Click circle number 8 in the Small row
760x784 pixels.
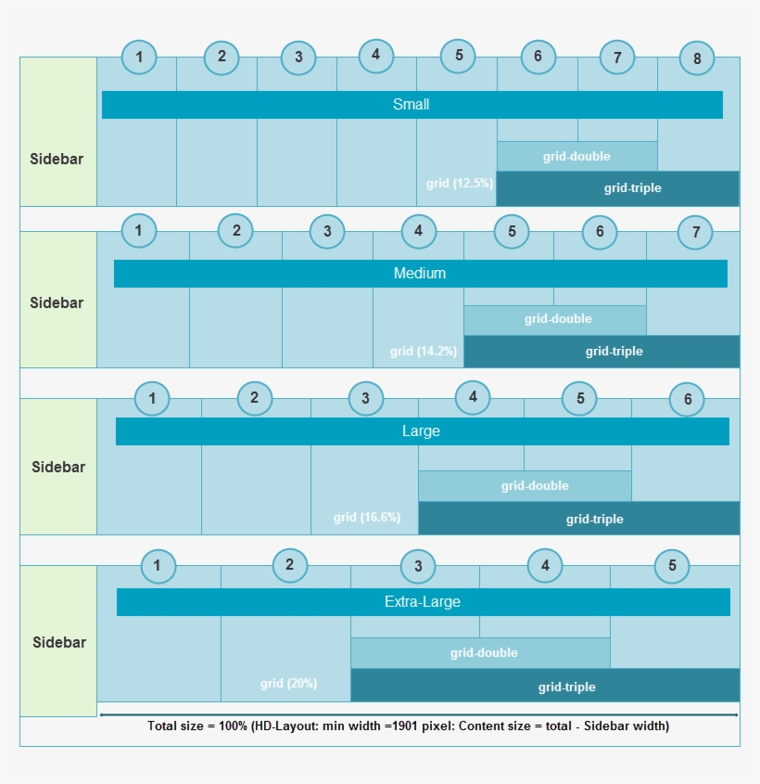[697, 58]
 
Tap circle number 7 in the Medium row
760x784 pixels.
[696, 233]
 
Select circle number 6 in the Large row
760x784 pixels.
[688, 400]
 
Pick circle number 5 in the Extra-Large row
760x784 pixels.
[672, 566]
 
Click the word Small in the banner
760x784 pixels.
[412, 105]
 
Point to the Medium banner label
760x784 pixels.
[420, 274]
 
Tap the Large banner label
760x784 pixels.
[421, 431]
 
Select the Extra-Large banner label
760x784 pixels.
[423, 602]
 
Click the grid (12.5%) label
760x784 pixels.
[460, 184]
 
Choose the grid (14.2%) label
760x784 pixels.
[423, 352]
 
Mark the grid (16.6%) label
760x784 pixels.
[367, 518]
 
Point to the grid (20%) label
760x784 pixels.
[288, 684]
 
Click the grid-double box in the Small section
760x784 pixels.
[576, 156]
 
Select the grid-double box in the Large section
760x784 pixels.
[535, 485]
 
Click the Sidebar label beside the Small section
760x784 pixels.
[57, 159]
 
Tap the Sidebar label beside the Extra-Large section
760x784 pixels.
[59, 642]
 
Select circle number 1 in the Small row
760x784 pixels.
[139, 58]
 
